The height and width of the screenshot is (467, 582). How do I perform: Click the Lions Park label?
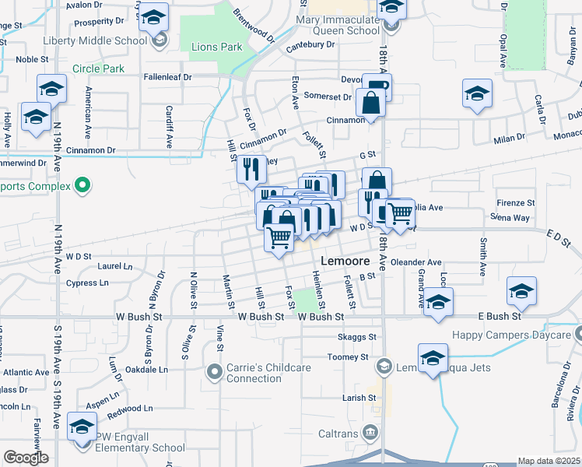(216, 47)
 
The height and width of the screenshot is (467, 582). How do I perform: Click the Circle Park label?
(98, 68)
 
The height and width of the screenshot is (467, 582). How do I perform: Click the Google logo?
(26, 458)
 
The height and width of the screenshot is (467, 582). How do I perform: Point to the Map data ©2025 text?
(549, 462)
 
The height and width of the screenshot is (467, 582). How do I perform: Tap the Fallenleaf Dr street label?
(167, 77)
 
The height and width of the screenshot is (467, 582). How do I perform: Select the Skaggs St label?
(357, 337)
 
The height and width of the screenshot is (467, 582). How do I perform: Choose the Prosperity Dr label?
(99, 21)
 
